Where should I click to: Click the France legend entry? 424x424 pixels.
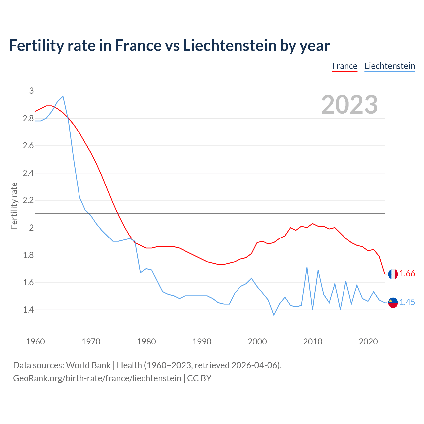click(x=344, y=66)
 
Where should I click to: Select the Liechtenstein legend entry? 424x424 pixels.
click(x=390, y=66)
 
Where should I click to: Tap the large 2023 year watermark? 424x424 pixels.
click(x=349, y=105)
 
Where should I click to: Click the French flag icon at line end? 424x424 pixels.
click(x=393, y=274)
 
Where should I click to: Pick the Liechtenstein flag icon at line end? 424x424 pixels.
click(x=393, y=302)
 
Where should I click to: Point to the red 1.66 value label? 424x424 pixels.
click(x=407, y=273)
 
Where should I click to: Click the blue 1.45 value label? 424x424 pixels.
click(x=407, y=302)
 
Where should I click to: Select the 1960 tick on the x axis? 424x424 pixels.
click(x=35, y=342)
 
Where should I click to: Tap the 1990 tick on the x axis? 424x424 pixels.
click(x=202, y=342)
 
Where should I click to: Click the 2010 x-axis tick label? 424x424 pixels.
click(x=313, y=342)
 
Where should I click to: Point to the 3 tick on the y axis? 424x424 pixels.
click(x=31, y=91)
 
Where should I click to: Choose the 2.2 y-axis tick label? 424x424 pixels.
click(x=28, y=200)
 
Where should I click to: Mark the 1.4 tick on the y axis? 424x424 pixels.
click(x=28, y=310)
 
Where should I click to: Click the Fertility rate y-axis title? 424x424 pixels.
click(x=14, y=205)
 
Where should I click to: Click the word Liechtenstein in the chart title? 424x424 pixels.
click(x=230, y=45)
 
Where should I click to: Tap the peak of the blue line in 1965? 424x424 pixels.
click(x=63, y=96)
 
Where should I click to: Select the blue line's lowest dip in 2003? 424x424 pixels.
click(x=274, y=315)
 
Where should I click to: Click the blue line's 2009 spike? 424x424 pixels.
click(x=307, y=267)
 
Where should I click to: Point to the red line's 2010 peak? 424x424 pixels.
click(x=312, y=224)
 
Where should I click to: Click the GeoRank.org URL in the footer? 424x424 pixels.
click(x=97, y=378)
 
